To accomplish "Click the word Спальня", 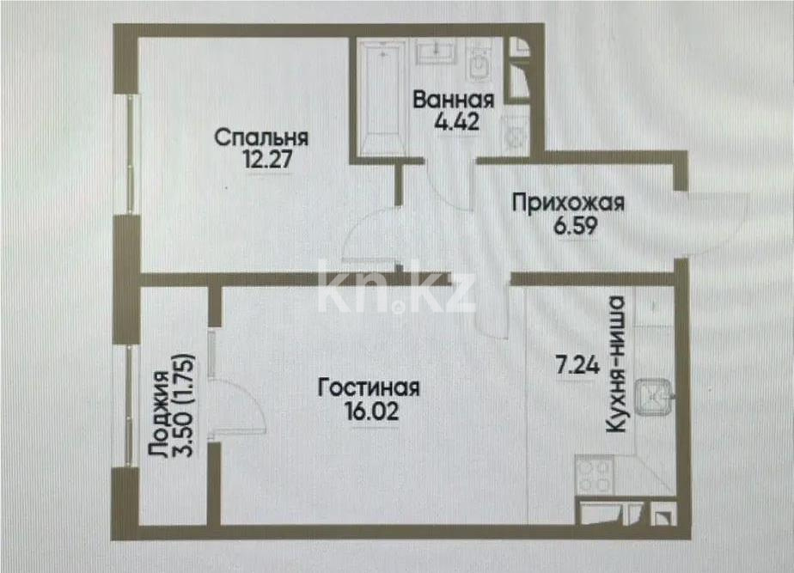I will (261, 137).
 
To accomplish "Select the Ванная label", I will (453, 98).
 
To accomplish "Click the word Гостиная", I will (369, 387).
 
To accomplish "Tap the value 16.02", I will (369, 411).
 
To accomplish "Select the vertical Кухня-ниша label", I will (614, 363).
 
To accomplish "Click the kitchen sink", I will (655, 397).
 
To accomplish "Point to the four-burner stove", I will (595, 474).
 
